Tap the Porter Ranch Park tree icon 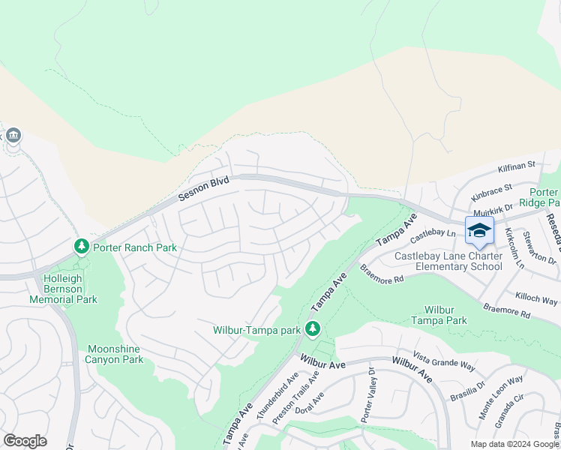[x=81, y=247]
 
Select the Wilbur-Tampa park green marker [x=313, y=329]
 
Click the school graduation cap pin [x=479, y=230]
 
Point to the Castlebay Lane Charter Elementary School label [x=448, y=261]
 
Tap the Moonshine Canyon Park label [x=115, y=354]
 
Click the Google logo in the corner [x=25, y=441]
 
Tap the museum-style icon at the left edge [x=13, y=136]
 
